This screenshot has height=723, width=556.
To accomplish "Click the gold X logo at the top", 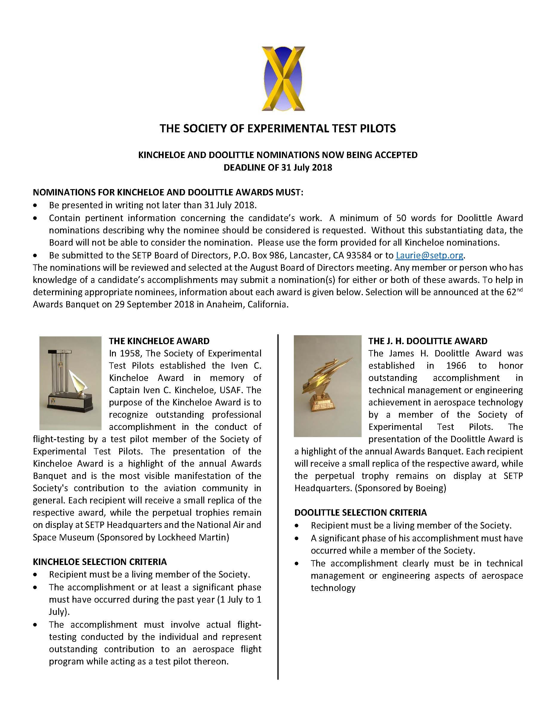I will coord(283,79).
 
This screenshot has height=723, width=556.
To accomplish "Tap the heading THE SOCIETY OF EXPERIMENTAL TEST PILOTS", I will coord(278,128).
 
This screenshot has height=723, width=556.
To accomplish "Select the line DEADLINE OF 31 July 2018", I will coord(278,168).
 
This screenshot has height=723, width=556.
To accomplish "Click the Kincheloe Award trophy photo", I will coord(70,383).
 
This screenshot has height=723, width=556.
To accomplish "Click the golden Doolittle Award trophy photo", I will coord(327,386).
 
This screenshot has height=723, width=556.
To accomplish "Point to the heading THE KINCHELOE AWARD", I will coord(159,341).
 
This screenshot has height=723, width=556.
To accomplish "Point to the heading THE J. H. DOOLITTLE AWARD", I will coord(428,341).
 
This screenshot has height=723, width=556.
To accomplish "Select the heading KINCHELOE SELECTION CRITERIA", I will coord(100,562).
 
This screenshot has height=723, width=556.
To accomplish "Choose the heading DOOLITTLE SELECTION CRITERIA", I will coord(360,513).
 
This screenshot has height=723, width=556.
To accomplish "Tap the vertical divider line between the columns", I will coord(278,497).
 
